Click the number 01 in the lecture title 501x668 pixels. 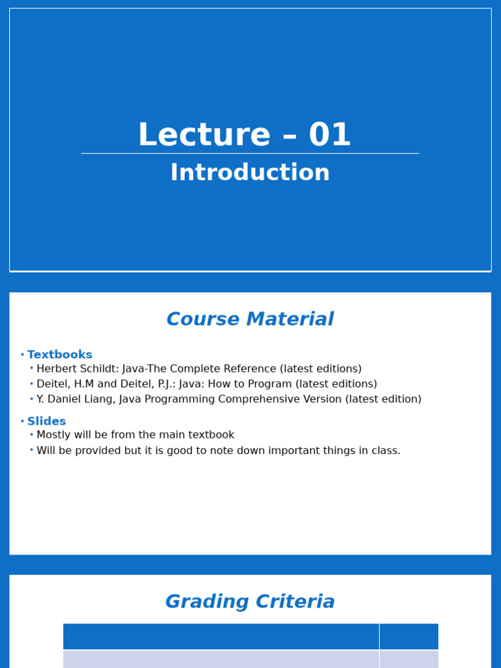[330, 136]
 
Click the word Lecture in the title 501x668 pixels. [204, 136]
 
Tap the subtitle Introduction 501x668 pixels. [250, 173]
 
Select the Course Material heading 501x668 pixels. [250, 320]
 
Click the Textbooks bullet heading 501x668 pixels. [59, 355]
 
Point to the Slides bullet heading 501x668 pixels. [46, 421]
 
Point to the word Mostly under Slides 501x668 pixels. [55, 435]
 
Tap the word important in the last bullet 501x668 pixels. [288, 451]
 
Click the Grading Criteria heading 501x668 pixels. [250, 602]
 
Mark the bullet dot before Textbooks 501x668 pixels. [22, 356]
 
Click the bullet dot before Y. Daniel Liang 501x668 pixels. [31, 399]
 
